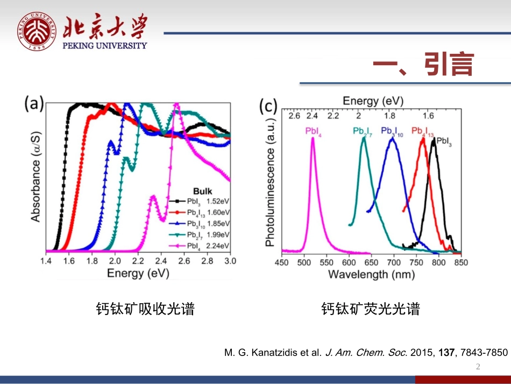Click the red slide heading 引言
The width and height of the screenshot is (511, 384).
[423, 65]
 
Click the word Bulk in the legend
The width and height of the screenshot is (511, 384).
[202, 191]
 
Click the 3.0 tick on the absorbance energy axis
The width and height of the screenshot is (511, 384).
[230, 261]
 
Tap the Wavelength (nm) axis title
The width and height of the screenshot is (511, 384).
[371, 274]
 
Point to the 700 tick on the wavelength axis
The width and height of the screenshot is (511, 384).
[394, 262]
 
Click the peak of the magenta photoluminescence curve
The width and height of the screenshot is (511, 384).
[313, 138]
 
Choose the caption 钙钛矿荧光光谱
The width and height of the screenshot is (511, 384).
[371, 309]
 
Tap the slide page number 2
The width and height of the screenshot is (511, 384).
[478, 367]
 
